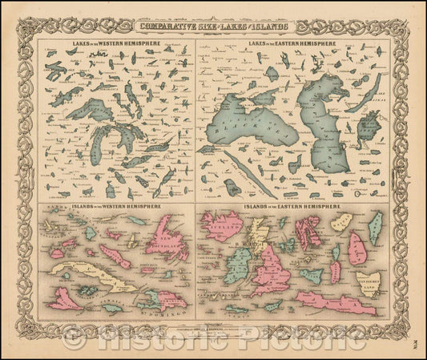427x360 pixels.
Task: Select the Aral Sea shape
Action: pyautogui.click(x=368, y=128)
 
